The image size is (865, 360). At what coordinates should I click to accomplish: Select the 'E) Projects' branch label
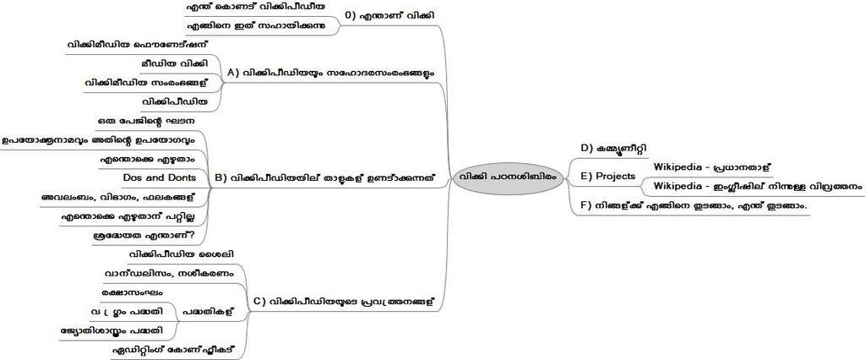tap(607, 176)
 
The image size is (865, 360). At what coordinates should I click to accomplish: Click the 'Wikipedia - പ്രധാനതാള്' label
tap(712, 167)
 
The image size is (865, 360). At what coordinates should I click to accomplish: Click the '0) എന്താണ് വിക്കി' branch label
tap(391, 16)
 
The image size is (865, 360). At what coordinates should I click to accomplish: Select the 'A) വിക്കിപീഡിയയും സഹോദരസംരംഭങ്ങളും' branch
tap(330, 74)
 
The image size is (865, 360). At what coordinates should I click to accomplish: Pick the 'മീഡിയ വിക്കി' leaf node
tap(175, 63)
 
